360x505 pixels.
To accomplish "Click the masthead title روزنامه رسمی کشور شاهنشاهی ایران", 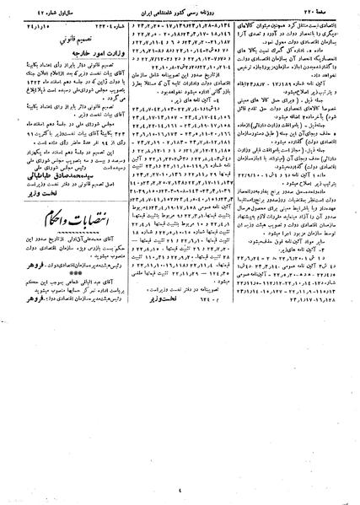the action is (x=180, y=12).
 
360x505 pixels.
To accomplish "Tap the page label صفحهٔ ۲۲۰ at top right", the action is (x=330, y=12).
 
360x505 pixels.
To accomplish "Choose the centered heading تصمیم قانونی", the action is (x=65, y=38).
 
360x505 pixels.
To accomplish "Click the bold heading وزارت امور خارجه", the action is (x=66, y=51).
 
